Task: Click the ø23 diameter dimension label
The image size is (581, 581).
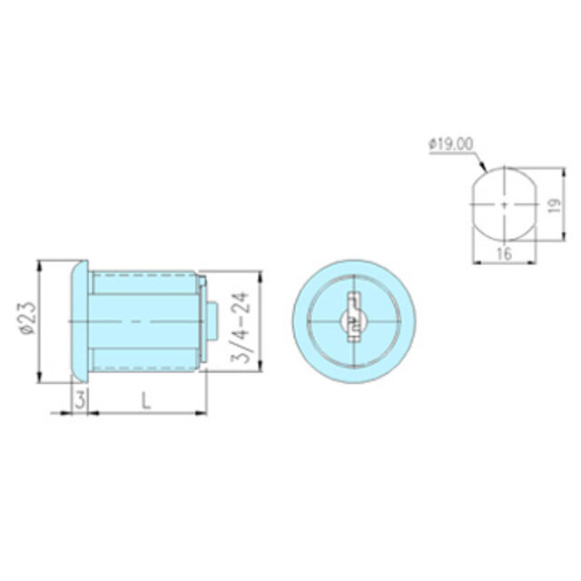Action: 28,319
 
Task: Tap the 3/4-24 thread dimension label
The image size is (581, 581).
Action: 240,327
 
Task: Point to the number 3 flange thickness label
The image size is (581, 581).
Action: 81,399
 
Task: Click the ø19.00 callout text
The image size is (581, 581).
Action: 450,144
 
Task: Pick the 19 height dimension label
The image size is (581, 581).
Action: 554,204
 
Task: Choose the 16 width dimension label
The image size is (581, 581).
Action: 505,253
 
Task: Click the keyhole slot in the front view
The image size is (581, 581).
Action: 354,316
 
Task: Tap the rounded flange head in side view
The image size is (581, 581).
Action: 79,321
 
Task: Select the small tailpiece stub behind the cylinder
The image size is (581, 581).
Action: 212,321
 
